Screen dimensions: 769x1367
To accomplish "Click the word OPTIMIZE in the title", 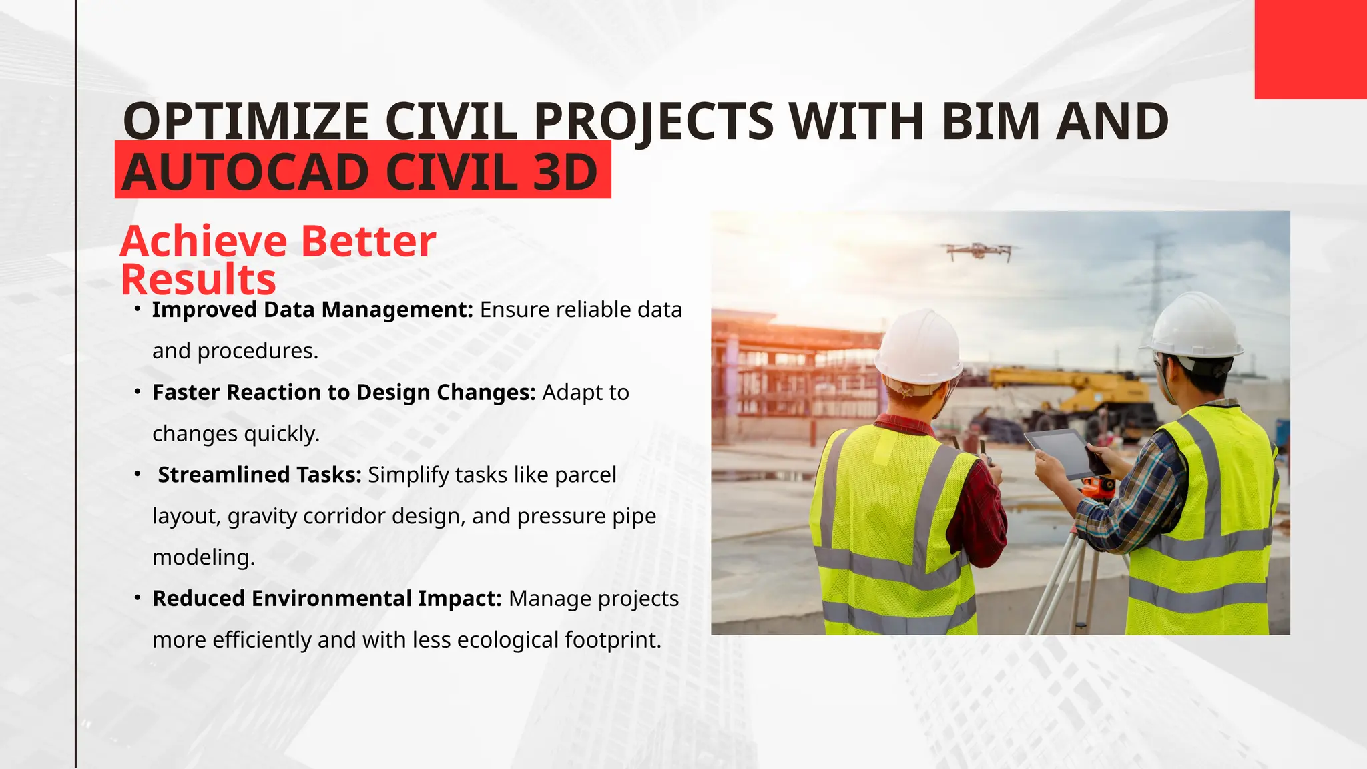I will click(246, 121).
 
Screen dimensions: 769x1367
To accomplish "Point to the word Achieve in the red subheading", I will click(204, 241).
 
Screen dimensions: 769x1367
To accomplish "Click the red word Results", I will click(198, 280).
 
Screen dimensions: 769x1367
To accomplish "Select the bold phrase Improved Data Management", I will click(312, 310).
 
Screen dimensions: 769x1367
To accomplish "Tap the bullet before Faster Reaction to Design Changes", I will click(137, 392).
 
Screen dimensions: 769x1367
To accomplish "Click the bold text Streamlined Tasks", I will click(259, 475).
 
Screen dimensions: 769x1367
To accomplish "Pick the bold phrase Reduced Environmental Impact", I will click(326, 599).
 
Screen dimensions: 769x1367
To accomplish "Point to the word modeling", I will click(204, 557).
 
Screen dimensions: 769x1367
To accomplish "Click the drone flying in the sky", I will click(979, 251).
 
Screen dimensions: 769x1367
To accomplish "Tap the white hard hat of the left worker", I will click(918, 347).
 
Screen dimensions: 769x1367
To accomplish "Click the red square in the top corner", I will click(1310, 49).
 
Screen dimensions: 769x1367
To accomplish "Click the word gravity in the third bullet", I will click(262, 516).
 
